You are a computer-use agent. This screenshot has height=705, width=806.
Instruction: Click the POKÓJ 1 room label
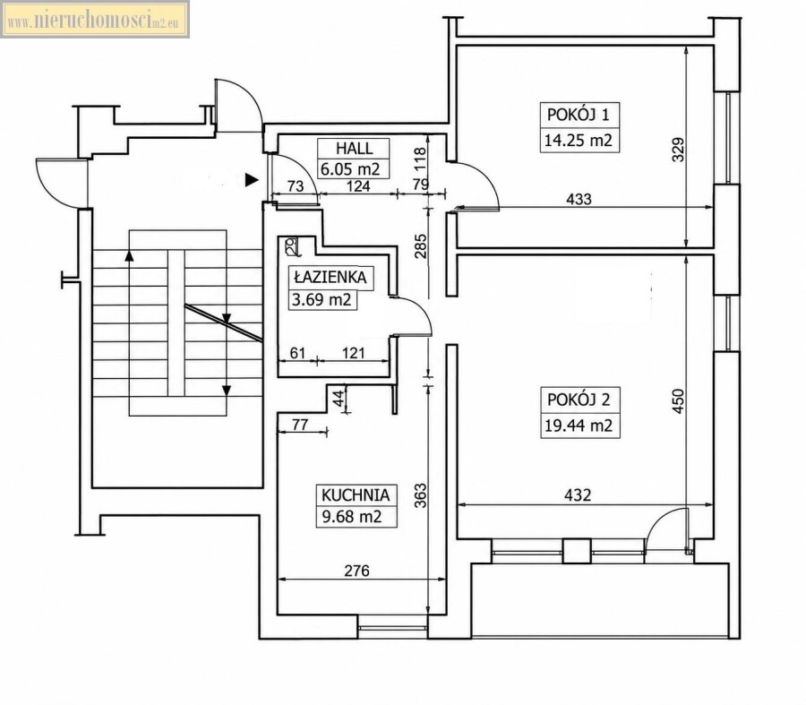[x=579, y=115]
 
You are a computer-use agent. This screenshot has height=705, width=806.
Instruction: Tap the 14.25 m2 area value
[x=579, y=140]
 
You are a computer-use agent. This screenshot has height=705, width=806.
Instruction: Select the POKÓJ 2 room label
[x=579, y=400]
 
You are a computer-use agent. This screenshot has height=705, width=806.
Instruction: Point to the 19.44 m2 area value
[x=579, y=426]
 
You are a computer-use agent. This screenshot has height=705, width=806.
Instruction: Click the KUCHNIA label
[x=356, y=495]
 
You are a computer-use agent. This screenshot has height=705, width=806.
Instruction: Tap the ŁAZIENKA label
[x=330, y=278]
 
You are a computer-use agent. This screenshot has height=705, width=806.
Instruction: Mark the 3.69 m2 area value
[x=322, y=299]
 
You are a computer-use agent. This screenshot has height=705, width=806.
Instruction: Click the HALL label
[x=354, y=149]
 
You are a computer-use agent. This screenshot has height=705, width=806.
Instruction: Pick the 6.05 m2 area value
[x=350, y=169]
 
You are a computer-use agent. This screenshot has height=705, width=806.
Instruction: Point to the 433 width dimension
[x=579, y=199]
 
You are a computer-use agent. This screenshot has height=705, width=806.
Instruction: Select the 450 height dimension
[x=679, y=401]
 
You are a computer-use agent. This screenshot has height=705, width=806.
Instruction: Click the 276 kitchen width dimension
[x=356, y=571]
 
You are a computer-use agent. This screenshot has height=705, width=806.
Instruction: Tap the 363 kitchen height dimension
[x=421, y=495]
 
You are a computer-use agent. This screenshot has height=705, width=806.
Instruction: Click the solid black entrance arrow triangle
[x=252, y=179]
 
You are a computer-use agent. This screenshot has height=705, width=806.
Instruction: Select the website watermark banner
[x=95, y=20]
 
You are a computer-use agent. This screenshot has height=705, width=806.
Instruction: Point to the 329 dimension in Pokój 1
[x=679, y=150]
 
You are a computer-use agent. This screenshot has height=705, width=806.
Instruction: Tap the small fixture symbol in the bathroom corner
[x=290, y=245]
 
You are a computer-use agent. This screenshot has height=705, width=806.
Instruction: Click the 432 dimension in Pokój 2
[x=578, y=495]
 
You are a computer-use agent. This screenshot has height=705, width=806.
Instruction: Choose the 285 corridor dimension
[x=421, y=246]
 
